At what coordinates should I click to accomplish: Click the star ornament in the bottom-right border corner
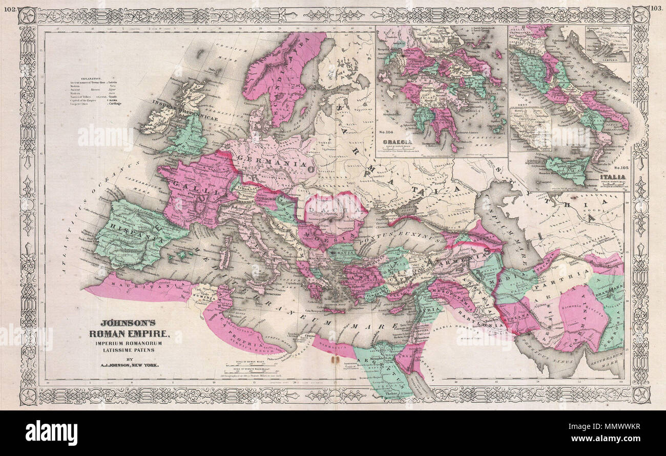[x=639, y=394]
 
